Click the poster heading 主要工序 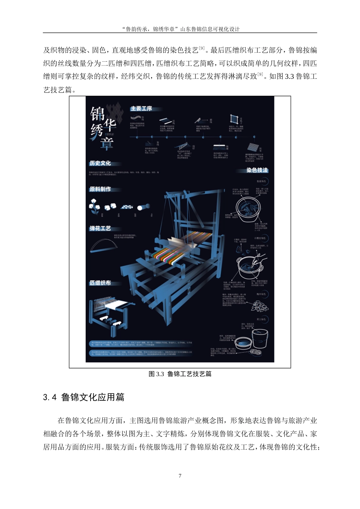point(141,109)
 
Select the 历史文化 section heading point(100,163)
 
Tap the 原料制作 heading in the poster point(100,189)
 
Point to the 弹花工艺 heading point(100,228)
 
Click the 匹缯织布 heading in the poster point(100,283)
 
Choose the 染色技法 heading point(257,170)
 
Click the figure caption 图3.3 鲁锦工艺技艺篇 point(180,374)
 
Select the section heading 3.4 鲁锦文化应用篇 point(84,397)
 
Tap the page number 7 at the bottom point(180,476)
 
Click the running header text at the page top point(180,29)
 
